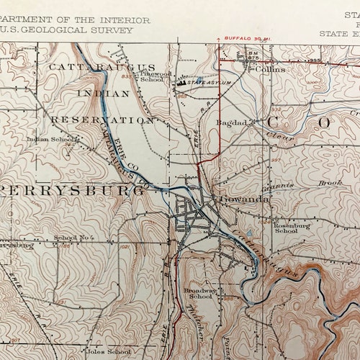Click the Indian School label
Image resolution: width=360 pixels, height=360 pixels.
tap(45, 140)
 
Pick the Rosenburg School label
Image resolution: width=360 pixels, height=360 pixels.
tap(285, 228)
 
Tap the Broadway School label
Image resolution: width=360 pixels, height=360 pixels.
tap(199, 293)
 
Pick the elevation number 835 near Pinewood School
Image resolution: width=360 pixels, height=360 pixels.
tap(126, 76)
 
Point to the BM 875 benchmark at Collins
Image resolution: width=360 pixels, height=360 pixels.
tap(253, 57)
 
